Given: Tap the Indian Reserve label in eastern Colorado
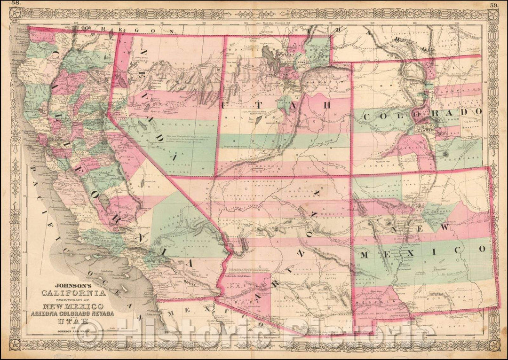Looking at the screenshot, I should [472, 124].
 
